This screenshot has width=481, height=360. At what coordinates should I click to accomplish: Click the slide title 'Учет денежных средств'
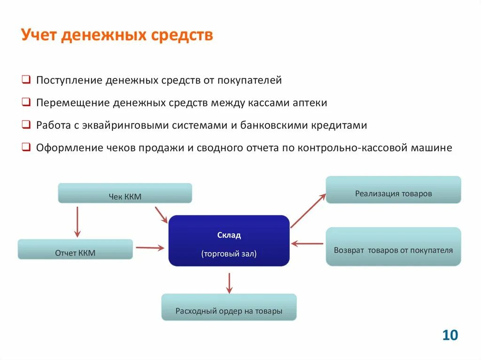pyautogui.click(x=117, y=35)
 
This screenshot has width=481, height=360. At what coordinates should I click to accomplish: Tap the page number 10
pyautogui.click(x=450, y=335)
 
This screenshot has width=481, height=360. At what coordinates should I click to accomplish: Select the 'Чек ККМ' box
pyautogui.click(x=125, y=193)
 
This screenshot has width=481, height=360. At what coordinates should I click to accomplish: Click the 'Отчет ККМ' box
pyautogui.click(x=75, y=250)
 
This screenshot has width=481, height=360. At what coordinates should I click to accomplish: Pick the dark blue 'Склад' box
pyautogui.click(x=229, y=240)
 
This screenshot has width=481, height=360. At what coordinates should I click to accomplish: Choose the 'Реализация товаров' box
pyautogui.click(x=393, y=190)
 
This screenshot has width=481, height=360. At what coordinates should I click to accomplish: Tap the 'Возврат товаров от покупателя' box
pyautogui.click(x=393, y=247)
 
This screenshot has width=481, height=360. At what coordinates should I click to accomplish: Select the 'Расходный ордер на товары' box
pyautogui.click(x=229, y=307)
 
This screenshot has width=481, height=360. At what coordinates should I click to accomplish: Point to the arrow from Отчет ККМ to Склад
pyautogui.click(x=150, y=247)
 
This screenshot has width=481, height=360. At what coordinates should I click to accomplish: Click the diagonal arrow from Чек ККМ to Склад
pyautogui.click(x=161, y=215)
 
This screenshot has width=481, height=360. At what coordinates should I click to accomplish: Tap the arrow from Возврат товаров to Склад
pyautogui.click(x=307, y=244)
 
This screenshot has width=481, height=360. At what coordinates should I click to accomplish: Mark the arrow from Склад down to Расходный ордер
pyautogui.click(x=229, y=283)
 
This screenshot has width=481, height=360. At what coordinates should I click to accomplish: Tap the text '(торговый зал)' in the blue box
pyautogui.click(x=229, y=254)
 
